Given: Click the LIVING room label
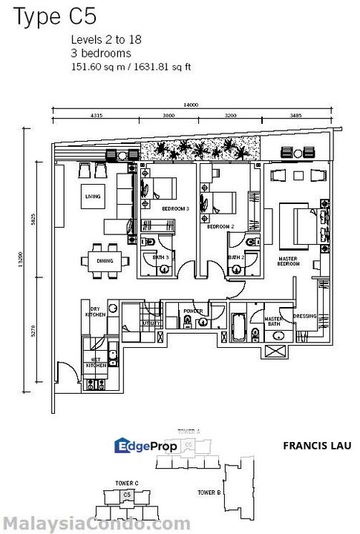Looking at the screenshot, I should (x=93, y=197).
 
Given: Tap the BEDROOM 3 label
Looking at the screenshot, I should (x=176, y=209).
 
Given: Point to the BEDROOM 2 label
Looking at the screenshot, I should (x=220, y=226).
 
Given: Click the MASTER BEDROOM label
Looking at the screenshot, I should (x=288, y=261).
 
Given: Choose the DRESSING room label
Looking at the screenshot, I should (x=305, y=317).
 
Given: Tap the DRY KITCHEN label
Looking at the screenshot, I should (x=96, y=311).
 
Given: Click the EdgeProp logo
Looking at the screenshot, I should (x=147, y=446).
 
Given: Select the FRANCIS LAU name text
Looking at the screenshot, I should (x=317, y=446).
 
